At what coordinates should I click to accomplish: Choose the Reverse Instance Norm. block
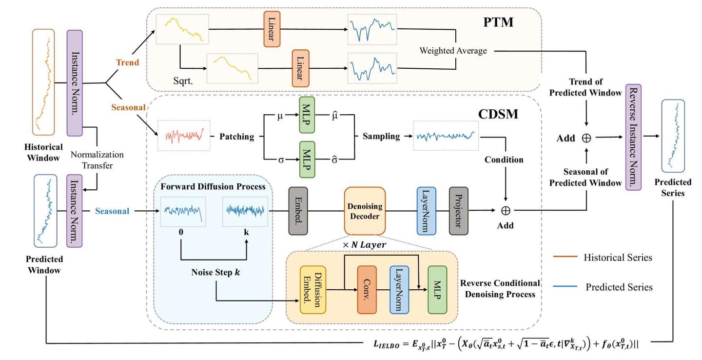(x=633, y=137)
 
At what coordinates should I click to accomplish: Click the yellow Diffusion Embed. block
(x=312, y=290)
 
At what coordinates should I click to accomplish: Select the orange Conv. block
(x=367, y=290)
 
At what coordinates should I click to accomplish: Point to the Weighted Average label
(x=453, y=50)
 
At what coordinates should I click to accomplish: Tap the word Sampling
(x=381, y=136)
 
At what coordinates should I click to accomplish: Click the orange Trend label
(x=127, y=62)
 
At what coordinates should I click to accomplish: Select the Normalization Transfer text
(x=97, y=160)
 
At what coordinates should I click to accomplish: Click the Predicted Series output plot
(x=673, y=136)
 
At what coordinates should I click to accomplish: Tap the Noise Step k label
(x=215, y=272)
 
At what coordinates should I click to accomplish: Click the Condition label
(x=504, y=160)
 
